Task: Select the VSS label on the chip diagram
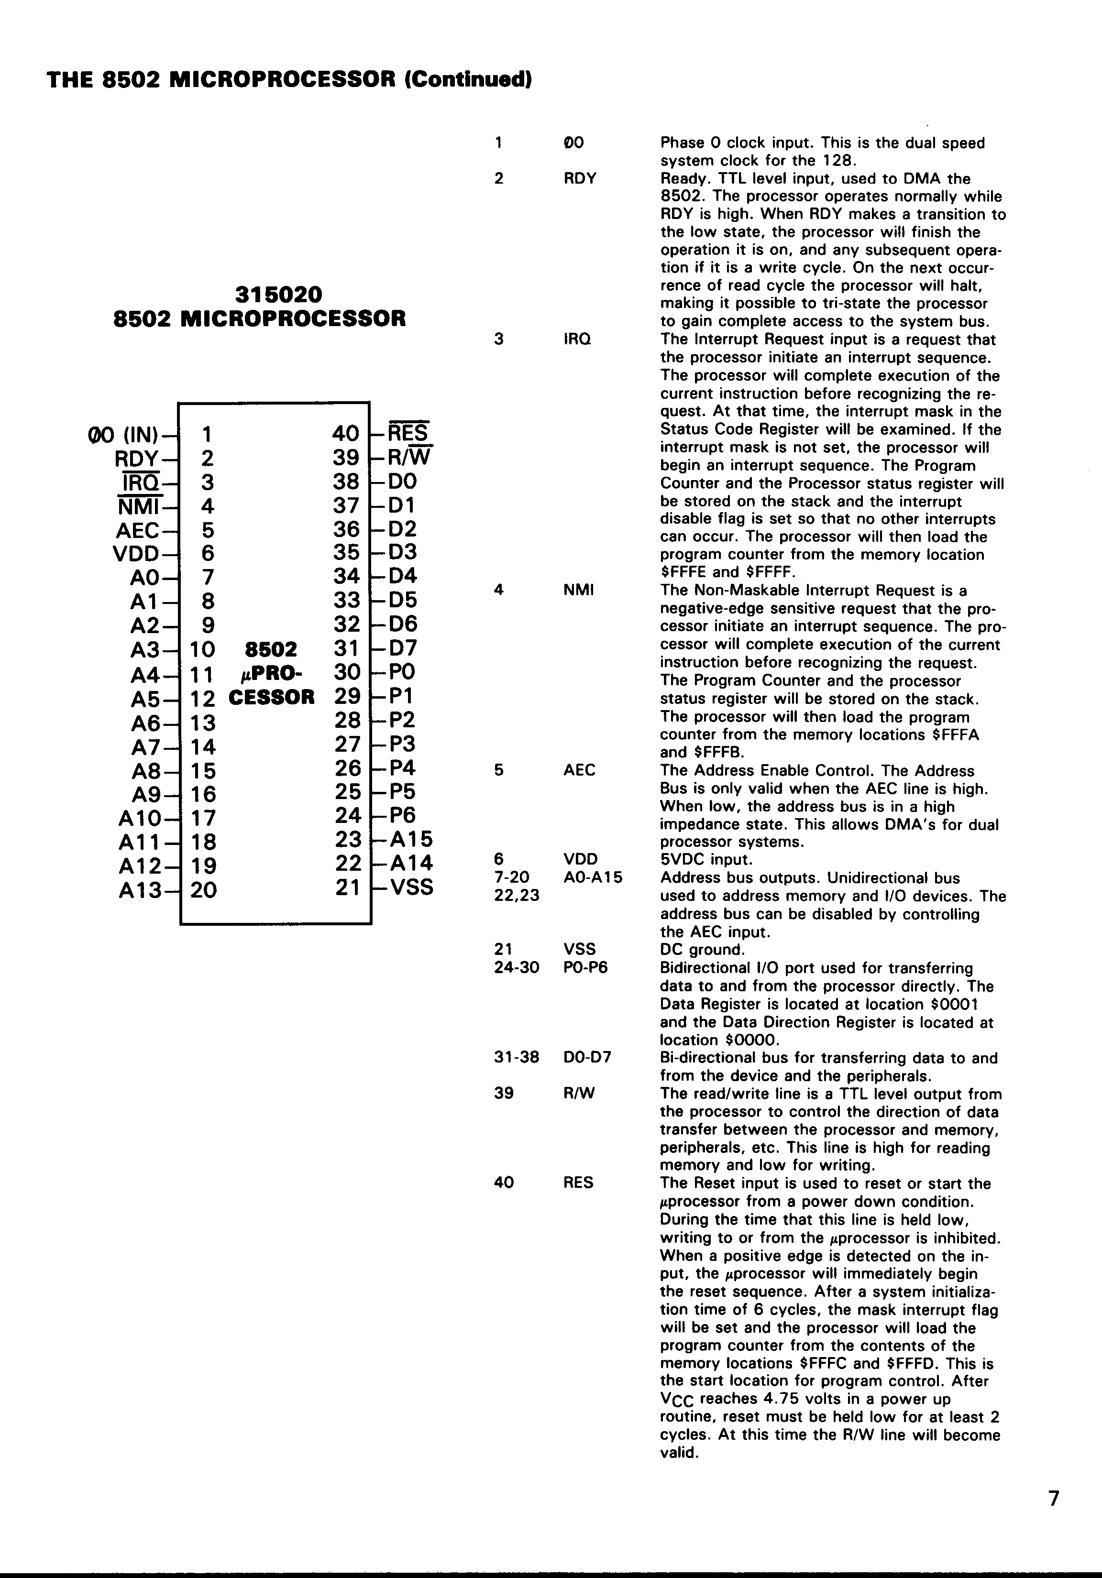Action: (412, 888)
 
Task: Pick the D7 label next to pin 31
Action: (403, 648)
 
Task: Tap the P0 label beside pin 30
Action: (402, 671)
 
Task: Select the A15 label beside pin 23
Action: (412, 839)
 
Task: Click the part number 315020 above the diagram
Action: (278, 295)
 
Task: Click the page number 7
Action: (1054, 1498)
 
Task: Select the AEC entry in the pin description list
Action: (579, 770)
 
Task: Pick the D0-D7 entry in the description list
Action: (586, 1058)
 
